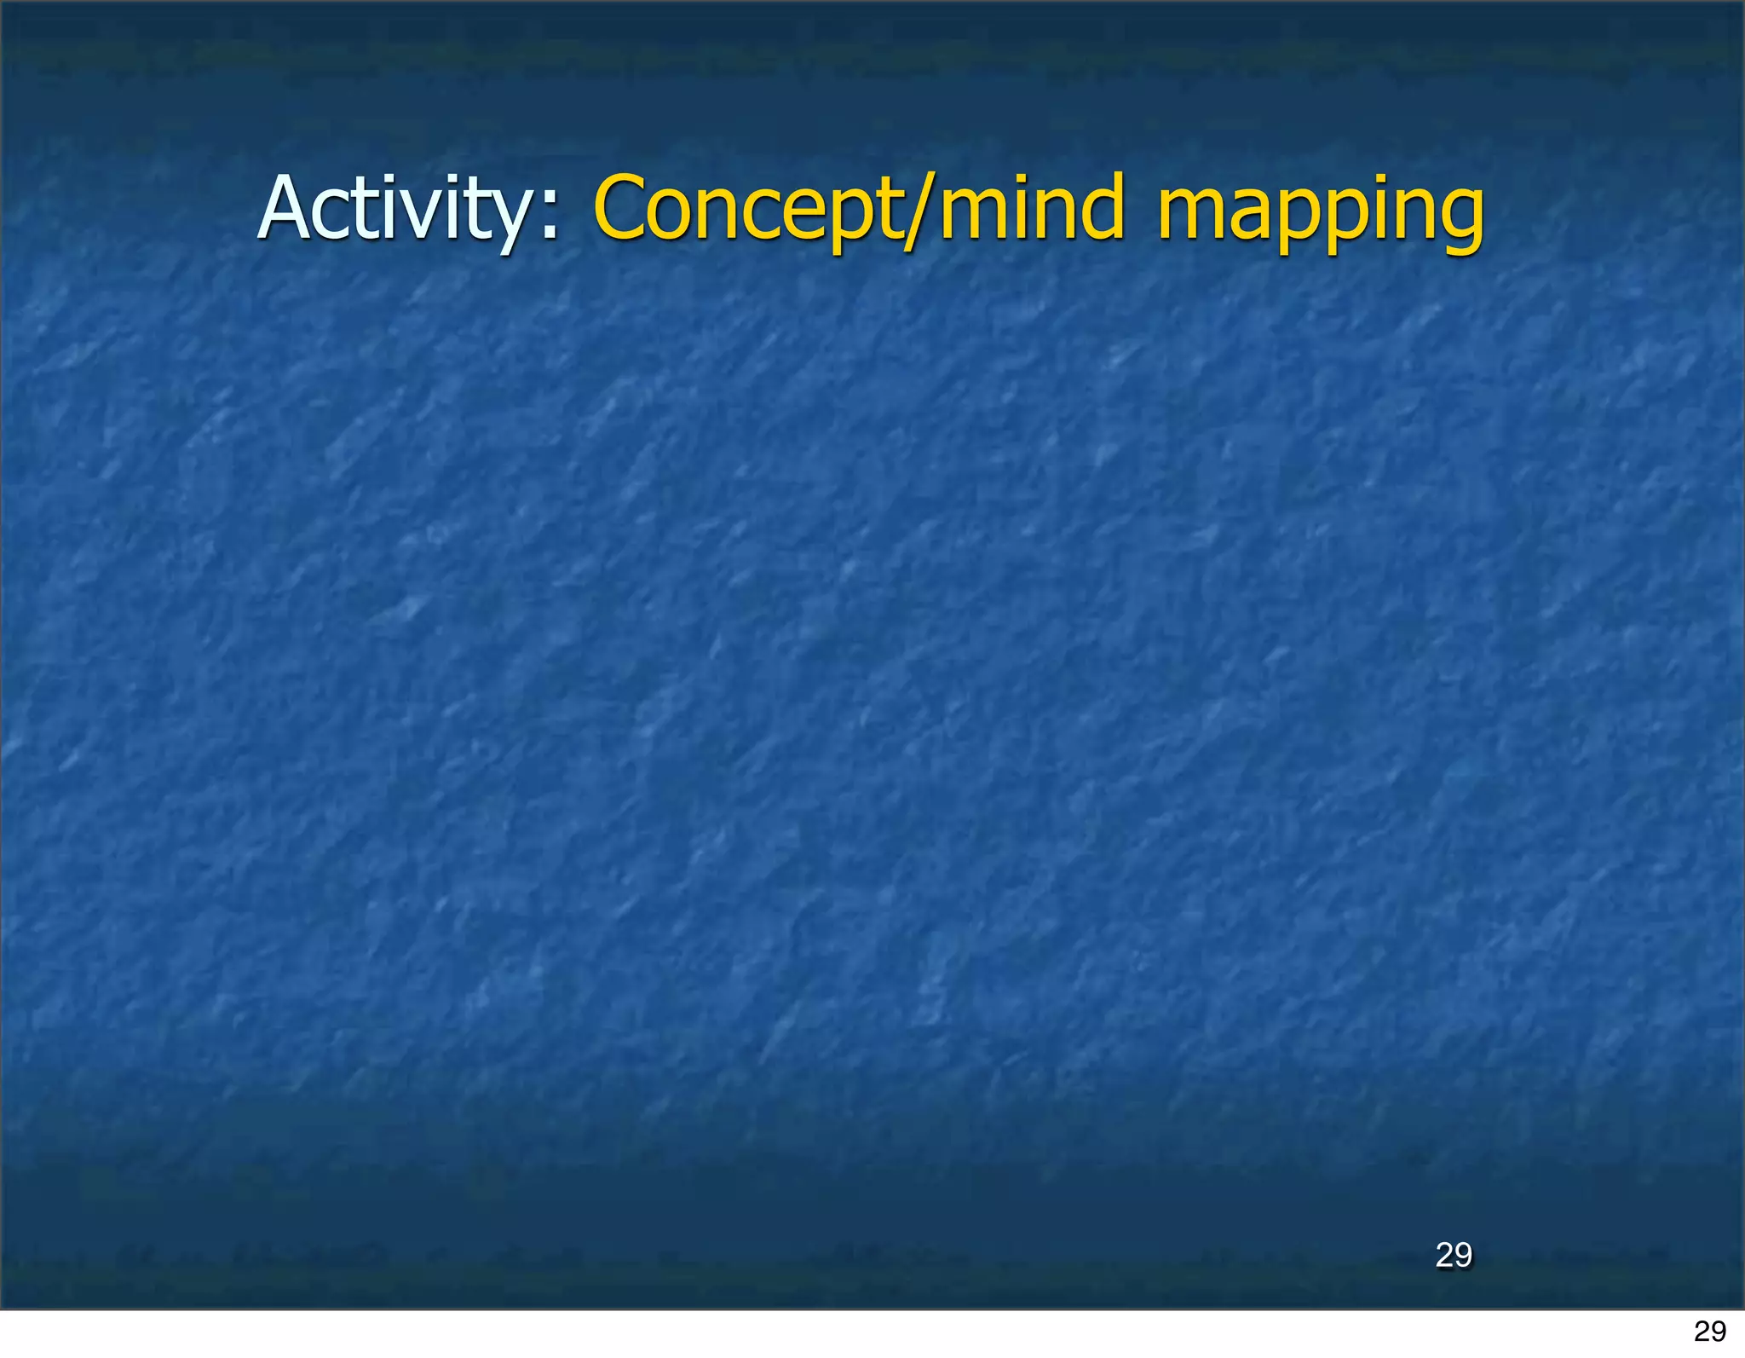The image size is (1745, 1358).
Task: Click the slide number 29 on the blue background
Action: pos(1453,1255)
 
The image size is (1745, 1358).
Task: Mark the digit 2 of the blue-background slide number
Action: pos(1444,1255)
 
